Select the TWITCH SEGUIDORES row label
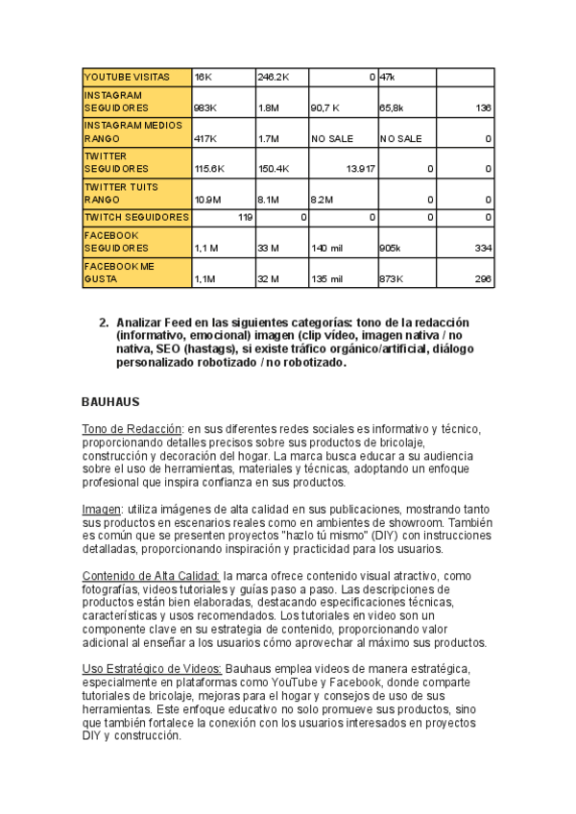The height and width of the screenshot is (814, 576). click(x=135, y=218)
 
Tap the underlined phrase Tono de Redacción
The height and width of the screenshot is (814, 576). click(x=132, y=428)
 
